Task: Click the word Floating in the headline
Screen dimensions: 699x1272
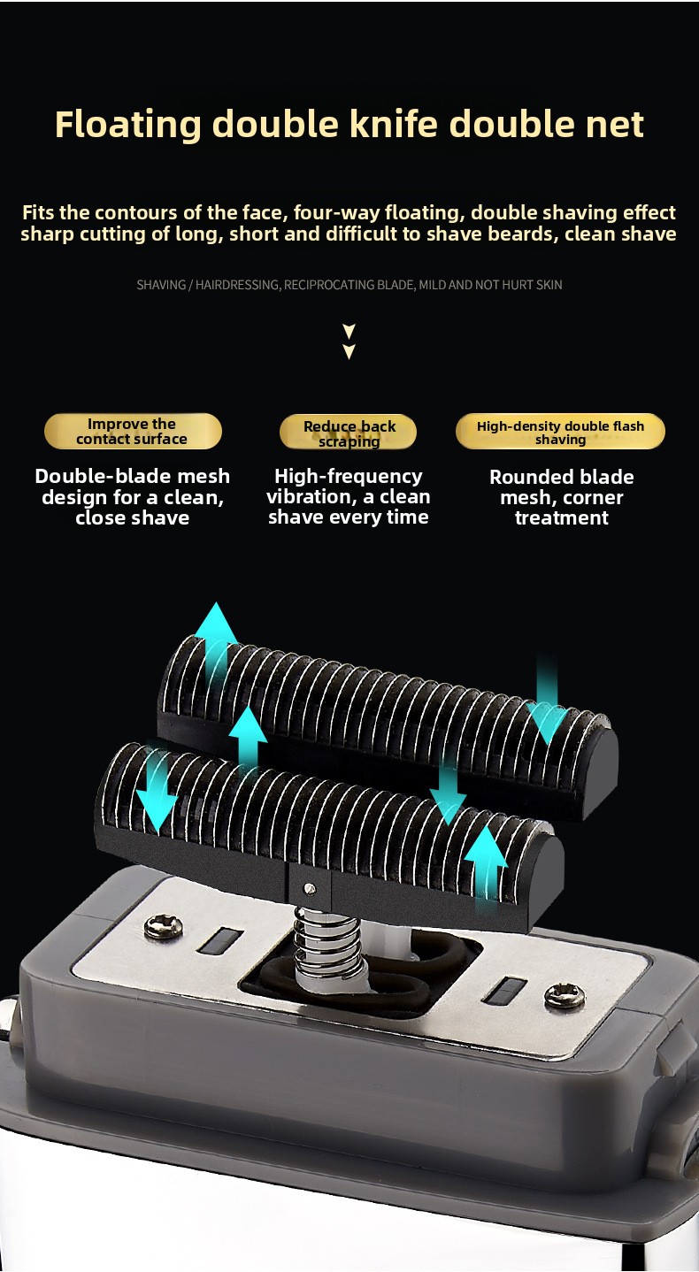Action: [x=128, y=125]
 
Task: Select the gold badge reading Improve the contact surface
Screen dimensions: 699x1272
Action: [x=133, y=431]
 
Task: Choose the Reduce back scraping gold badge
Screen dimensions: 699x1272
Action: [x=348, y=433]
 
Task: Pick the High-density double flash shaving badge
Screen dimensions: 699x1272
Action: [x=560, y=431]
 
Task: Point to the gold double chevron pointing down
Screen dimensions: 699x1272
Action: [x=349, y=341]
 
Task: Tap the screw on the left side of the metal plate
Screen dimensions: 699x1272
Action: [x=163, y=927]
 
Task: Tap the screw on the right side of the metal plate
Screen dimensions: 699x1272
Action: [x=565, y=997]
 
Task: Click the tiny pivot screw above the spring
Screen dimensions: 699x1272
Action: [x=310, y=887]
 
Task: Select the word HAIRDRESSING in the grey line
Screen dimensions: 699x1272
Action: [x=237, y=285]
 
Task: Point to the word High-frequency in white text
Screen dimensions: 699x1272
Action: [x=348, y=476]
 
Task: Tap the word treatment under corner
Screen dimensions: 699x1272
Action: [x=562, y=517]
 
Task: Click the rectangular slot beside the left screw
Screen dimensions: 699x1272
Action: [x=219, y=940]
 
